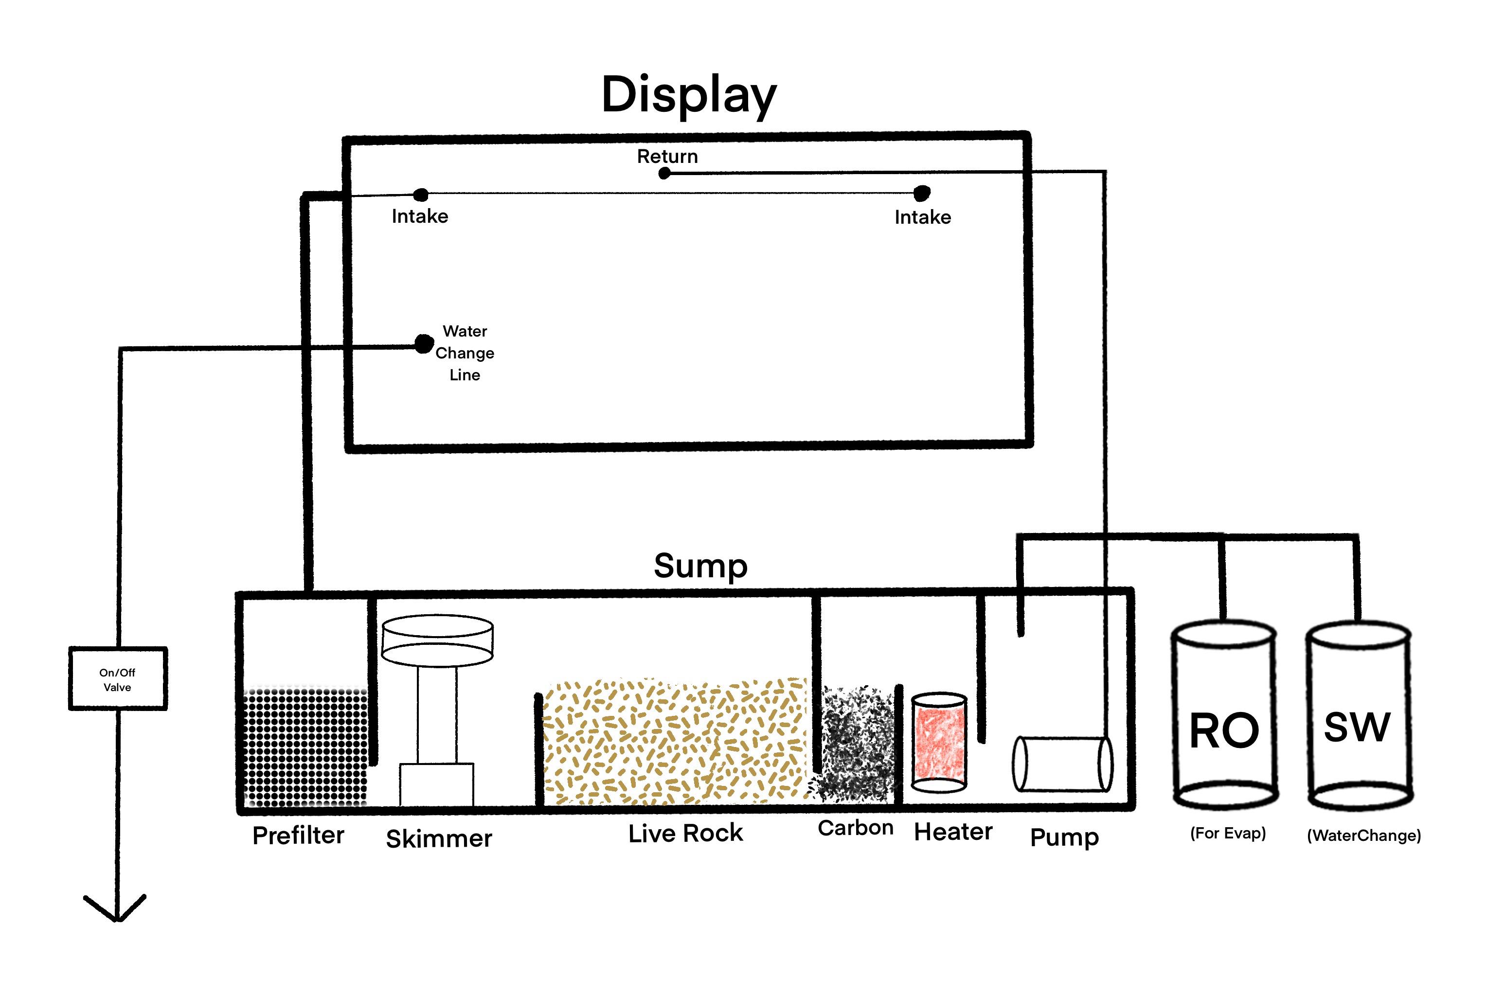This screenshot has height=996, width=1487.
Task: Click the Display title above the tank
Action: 689,95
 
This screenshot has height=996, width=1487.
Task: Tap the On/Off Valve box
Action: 118,679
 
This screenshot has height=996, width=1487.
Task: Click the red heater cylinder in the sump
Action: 939,743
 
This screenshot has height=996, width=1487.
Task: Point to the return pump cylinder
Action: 1062,764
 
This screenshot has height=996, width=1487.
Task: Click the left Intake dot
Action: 420,195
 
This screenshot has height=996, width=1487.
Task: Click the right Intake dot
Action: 922,193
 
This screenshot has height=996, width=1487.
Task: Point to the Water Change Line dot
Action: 424,344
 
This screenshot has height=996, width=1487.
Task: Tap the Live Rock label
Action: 685,834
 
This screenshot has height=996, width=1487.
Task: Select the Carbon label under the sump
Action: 855,828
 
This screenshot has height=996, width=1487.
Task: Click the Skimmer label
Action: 439,839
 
